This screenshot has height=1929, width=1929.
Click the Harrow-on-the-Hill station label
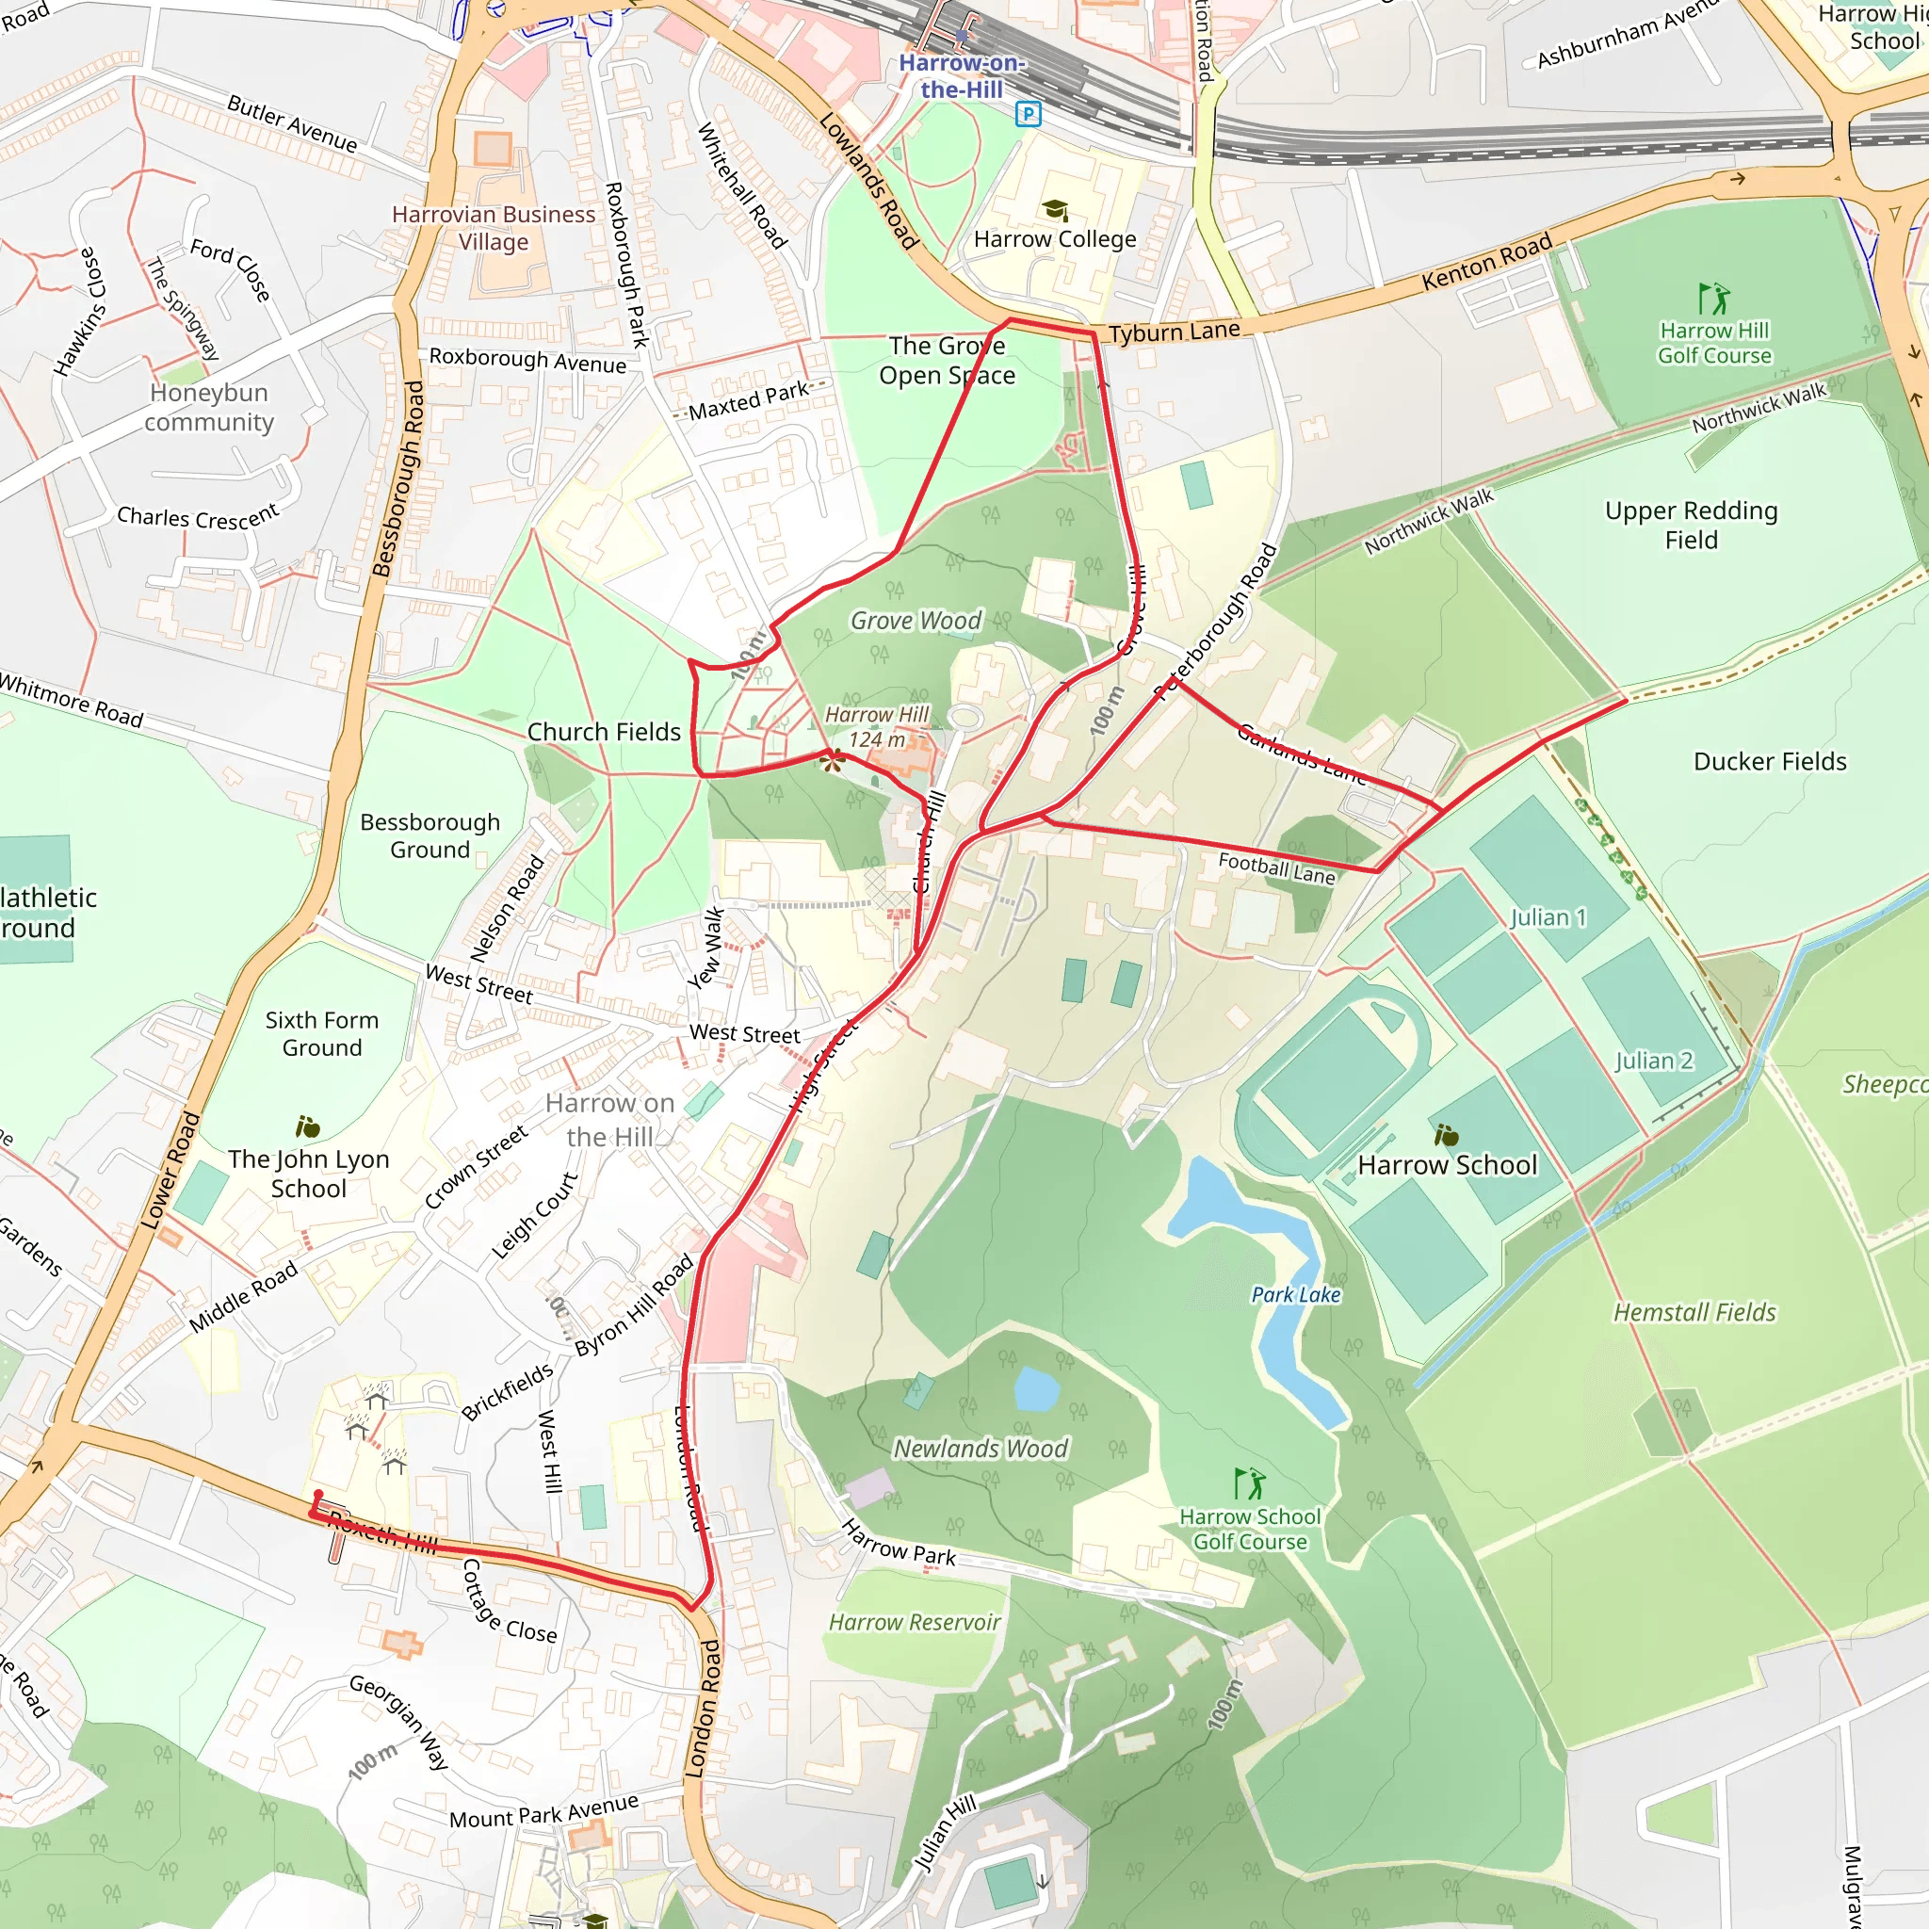point(961,76)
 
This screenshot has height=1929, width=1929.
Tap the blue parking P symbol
point(1028,114)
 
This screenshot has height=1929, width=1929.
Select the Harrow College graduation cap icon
point(1055,210)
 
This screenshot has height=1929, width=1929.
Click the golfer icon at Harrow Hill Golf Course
point(1713,298)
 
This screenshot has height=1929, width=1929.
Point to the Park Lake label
point(1295,1295)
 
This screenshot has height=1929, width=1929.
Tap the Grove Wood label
point(916,621)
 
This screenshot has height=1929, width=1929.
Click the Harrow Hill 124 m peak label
point(877,727)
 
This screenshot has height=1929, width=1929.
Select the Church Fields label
point(603,732)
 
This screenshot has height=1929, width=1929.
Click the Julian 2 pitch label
point(1653,1061)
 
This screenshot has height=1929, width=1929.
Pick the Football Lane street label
point(1276,867)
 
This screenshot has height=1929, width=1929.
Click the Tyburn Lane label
point(1175,332)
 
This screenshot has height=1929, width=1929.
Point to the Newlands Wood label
point(980,1449)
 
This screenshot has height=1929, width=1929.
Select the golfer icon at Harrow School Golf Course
point(1249,1483)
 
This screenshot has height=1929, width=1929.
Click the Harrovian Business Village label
point(494,228)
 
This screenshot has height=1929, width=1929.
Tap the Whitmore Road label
point(72,700)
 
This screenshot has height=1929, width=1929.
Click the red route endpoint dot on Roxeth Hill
point(318,1495)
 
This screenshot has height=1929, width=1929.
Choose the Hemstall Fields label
point(1694,1312)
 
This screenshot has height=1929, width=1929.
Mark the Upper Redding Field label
point(1691,526)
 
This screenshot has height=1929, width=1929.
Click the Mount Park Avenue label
point(543,1811)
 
